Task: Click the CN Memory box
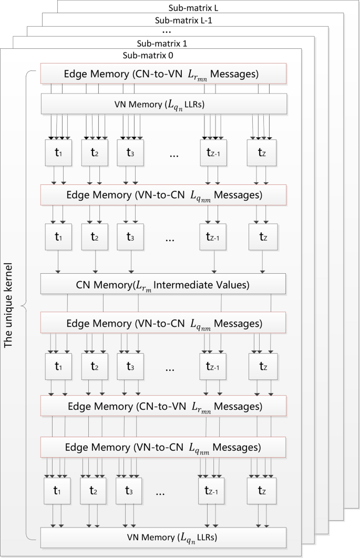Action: point(163,285)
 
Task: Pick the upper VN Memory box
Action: point(163,104)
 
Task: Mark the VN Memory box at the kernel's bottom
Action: point(163,538)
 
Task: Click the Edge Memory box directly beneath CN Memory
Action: point(163,322)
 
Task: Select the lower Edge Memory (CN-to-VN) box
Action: point(163,406)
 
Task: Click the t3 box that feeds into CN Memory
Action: point(130,237)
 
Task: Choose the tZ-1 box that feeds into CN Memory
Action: point(213,237)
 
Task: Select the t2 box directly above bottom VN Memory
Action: point(94,491)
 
